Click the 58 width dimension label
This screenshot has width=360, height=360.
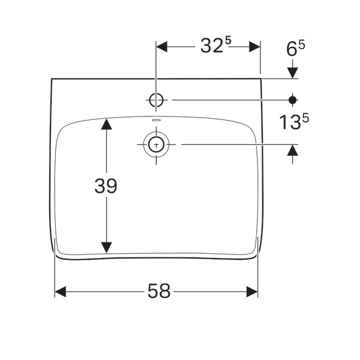tap(159, 291)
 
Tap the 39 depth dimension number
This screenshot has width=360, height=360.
tap(106, 186)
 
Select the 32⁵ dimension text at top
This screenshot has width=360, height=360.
tap(216, 45)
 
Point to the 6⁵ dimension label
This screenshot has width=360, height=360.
tap(295, 48)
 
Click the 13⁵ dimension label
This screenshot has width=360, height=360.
tap(294, 121)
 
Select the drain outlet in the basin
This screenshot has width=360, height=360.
tap(157, 145)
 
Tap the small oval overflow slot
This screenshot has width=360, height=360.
tap(157, 119)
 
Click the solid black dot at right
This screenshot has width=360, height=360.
tap(293, 100)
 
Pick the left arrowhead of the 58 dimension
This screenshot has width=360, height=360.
tap(61, 292)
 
